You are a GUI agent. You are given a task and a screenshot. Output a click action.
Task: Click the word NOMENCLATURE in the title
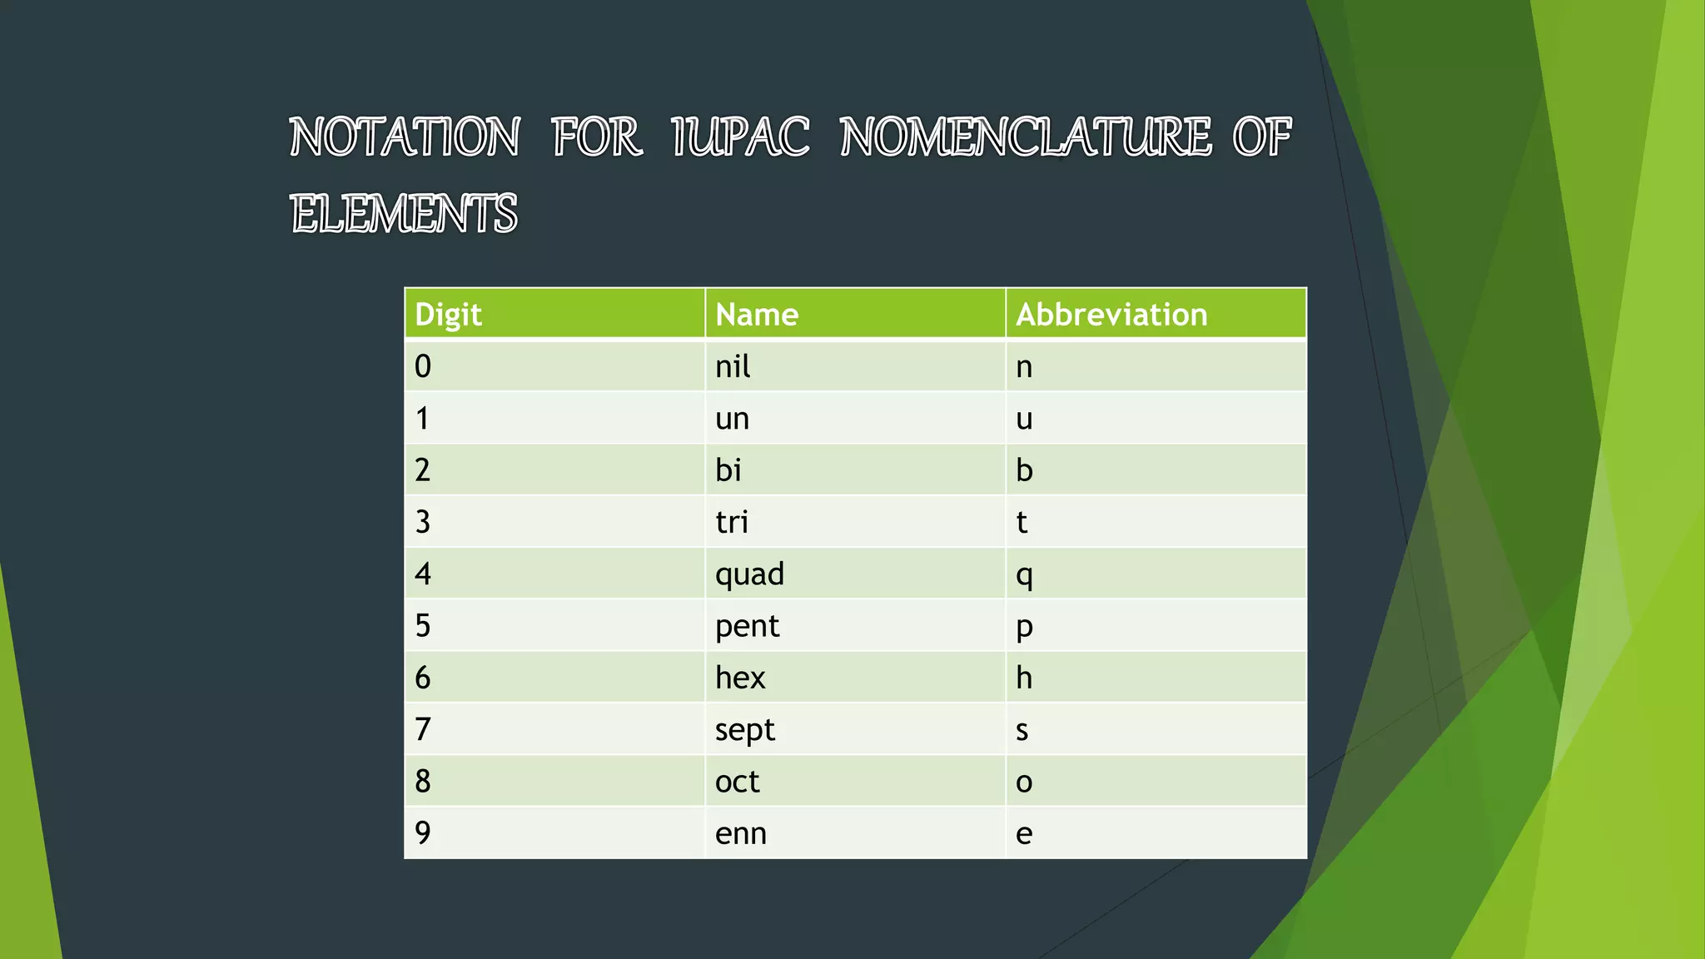pyautogui.click(x=1026, y=137)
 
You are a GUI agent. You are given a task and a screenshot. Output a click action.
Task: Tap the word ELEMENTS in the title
pyautogui.click(x=404, y=214)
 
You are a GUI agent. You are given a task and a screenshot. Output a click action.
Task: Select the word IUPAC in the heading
pyautogui.click(x=740, y=137)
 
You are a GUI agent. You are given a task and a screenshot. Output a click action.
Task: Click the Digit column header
pyautogui.click(x=448, y=315)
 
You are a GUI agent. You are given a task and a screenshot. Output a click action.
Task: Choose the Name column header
pyautogui.click(x=757, y=315)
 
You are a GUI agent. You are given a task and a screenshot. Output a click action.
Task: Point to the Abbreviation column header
pyautogui.click(x=1111, y=315)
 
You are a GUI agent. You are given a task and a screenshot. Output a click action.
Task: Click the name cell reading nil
pyautogui.click(x=733, y=366)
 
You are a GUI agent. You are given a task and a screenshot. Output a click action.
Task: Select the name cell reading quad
pyautogui.click(x=749, y=574)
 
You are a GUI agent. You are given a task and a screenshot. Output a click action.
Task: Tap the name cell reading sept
pyautogui.click(x=744, y=730)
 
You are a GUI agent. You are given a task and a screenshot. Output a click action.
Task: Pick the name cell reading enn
pyautogui.click(x=740, y=833)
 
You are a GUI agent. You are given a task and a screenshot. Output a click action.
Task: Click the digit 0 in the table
pyautogui.click(x=423, y=366)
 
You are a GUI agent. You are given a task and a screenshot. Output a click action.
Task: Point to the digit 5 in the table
pyautogui.click(x=423, y=626)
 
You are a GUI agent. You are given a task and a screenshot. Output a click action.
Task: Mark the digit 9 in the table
pyautogui.click(x=423, y=833)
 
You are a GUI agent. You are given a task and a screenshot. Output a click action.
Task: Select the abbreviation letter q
pyautogui.click(x=1024, y=575)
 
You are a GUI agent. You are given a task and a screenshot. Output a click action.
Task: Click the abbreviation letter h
pyautogui.click(x=1024, y=678)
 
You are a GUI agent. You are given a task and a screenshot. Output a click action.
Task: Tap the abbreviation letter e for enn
pyautogui.click(x=1024, y=834)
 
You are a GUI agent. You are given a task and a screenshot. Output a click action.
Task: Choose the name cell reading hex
pyautogui.click(x=739, y=678)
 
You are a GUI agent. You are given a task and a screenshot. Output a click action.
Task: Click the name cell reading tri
pyautogui.click(x=731, y=523)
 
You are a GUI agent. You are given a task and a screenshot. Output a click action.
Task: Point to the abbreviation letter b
pyautogui.click(x=1024, y=470)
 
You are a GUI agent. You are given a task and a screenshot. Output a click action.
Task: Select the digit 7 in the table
pyautogui.click(x=423, y=730)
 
